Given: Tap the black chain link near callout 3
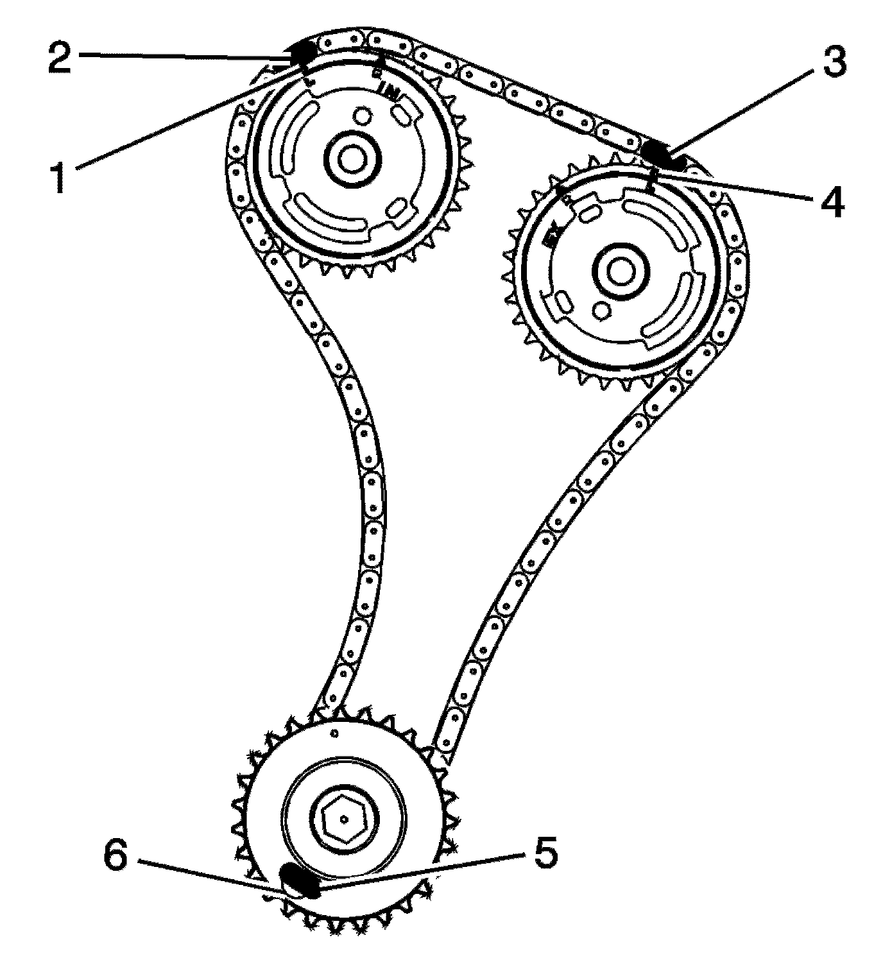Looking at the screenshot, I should coord(660,152).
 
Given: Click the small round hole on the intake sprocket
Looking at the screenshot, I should coord(363,117).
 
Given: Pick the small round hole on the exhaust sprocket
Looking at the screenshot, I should coord(602,309).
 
